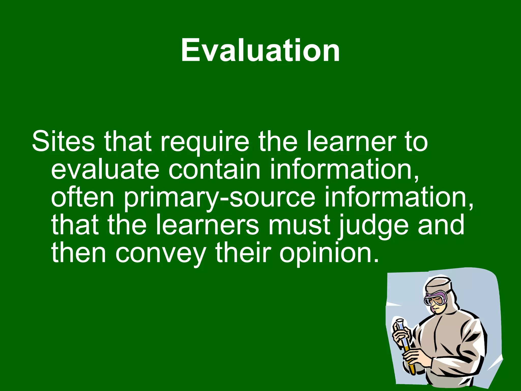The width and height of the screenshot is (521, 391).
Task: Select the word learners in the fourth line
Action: pyautogui.click(x=207, y=225)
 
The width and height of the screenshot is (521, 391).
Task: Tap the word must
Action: pyautogui.click(x=299, y=225)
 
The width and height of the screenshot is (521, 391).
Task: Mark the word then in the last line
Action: pyautogui.click(x=78, y=253)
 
